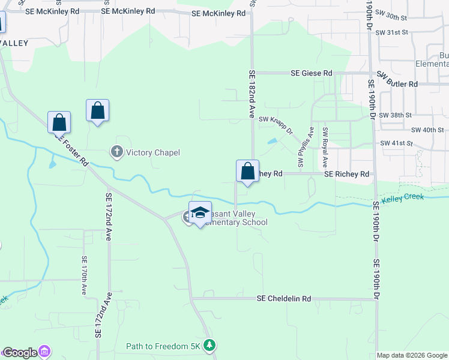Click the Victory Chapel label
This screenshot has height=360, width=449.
click(152, 152)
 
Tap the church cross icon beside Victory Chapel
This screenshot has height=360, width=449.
click(118, 152)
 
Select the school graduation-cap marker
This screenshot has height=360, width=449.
click(200, 213)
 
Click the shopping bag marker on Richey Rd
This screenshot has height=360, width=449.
click(247, 172)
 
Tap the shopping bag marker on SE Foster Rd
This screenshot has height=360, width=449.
click(59, 123)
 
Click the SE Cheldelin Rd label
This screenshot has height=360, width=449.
click(284, 298)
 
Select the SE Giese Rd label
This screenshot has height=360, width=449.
click(311, 73)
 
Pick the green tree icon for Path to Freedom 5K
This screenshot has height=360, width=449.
click(209, 346)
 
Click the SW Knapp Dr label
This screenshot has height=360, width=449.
click(276, 124)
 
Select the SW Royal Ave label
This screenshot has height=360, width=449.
click(325, 148)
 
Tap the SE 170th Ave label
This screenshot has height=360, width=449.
click(84, 275)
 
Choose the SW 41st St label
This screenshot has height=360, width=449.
click(397, 143)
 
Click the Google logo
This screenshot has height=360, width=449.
click(20, 353)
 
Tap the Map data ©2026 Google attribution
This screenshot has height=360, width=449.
click(412, 355)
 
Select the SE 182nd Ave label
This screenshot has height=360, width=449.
click(252, 93)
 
